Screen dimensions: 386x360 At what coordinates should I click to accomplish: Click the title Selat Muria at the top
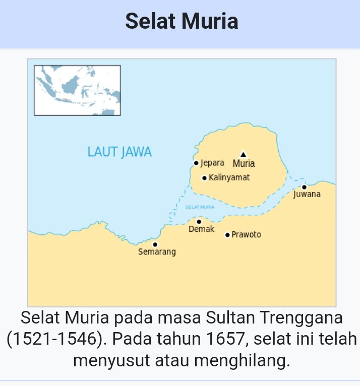coord(182,22)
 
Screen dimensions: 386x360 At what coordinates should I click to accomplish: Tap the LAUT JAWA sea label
coord(119,152)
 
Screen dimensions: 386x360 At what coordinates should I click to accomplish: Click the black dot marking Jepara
coord(196,163)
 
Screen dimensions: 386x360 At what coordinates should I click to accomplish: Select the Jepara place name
coord(212,163)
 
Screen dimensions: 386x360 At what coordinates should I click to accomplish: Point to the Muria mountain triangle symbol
coord(244,154)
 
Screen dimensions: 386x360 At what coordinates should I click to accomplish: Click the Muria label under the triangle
coord(244,164)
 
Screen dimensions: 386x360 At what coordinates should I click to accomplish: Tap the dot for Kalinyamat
coord(204,178)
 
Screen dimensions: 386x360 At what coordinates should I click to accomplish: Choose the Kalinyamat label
coord(229,178)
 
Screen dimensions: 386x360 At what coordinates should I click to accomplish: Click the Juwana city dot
coord(304,187)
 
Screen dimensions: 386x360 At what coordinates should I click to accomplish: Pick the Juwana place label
coord(307,195)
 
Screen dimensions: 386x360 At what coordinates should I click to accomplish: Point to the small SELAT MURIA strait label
coord(200,207)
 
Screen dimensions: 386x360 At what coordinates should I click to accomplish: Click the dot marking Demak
coord(199,221)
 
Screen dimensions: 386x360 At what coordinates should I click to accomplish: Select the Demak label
coord(201,230)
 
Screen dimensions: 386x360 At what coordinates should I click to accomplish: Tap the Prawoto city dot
coord(227,235)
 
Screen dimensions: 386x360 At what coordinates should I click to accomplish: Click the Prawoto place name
coord(246,235)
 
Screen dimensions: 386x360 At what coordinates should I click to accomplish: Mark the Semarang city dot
coord(155,244)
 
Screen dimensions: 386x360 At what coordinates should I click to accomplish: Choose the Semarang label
coord(157,252)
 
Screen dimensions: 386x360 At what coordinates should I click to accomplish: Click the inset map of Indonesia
coord(77,90)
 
